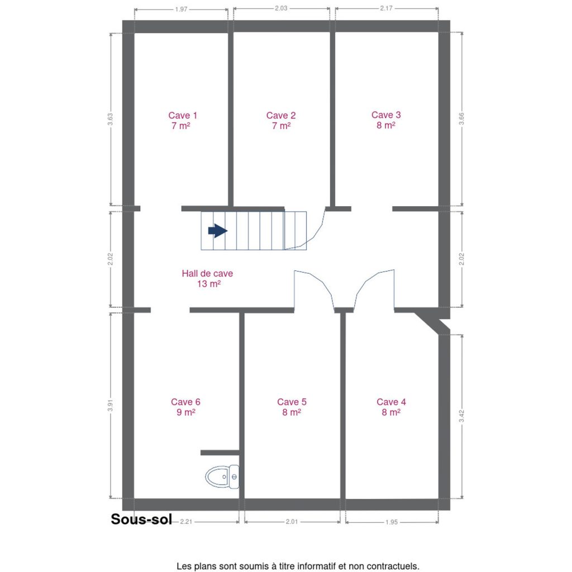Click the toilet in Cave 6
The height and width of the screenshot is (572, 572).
pyautogui.click(x=222, y=477)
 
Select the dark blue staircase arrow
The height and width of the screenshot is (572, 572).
pyautogui.click(x=218, y=231)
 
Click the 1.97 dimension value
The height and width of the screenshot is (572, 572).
pyautogui.click(x=181, y=9)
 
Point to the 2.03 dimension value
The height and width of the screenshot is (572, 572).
pyautogui.click(x=281, y=8)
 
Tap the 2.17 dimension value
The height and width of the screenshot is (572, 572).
pyautogui.click(x=386, y=8)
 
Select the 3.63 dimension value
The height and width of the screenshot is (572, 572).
pyautogui.click(x=110, y=120)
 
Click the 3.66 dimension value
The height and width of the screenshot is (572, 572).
pyautogui.click(x=461, y=118)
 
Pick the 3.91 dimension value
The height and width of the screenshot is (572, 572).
pyautogui.click(x=110, y=406)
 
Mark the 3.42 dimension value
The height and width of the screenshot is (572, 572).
pyautogui.click(x=461, y=416)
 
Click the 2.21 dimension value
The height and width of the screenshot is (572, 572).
pyautogui.click(x=186, y=522)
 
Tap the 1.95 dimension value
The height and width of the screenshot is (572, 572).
pyautogui.click(x=392, y=522)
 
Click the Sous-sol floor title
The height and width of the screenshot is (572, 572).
pyautogui.click(x=141, y=519)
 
